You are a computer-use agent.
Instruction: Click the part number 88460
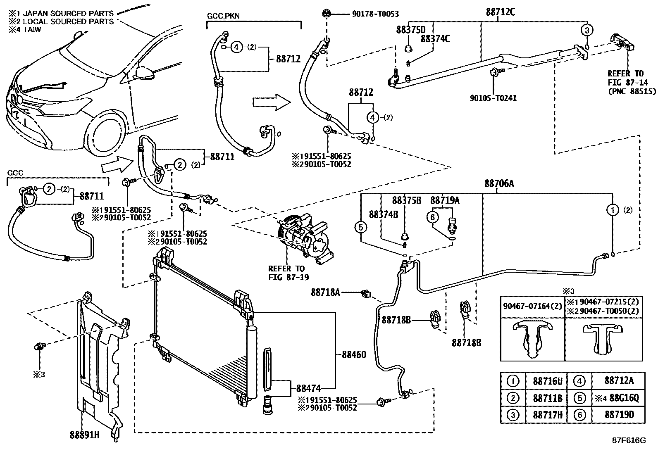tap(354, 354)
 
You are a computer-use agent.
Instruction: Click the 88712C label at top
tap(500, 12)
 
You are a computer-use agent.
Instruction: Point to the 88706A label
tap(499, 184)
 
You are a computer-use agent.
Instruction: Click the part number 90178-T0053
tap(375, 14)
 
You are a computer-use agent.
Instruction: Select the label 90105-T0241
tap(493, 98)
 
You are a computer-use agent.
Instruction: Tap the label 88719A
tap(445, 201)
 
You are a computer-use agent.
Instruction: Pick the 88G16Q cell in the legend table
tap(617, 398)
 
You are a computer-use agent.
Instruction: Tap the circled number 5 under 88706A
tap(361, 227)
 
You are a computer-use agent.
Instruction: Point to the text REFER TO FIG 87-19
tap(286, 273)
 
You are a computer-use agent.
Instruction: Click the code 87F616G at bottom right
tap(629, 440)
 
